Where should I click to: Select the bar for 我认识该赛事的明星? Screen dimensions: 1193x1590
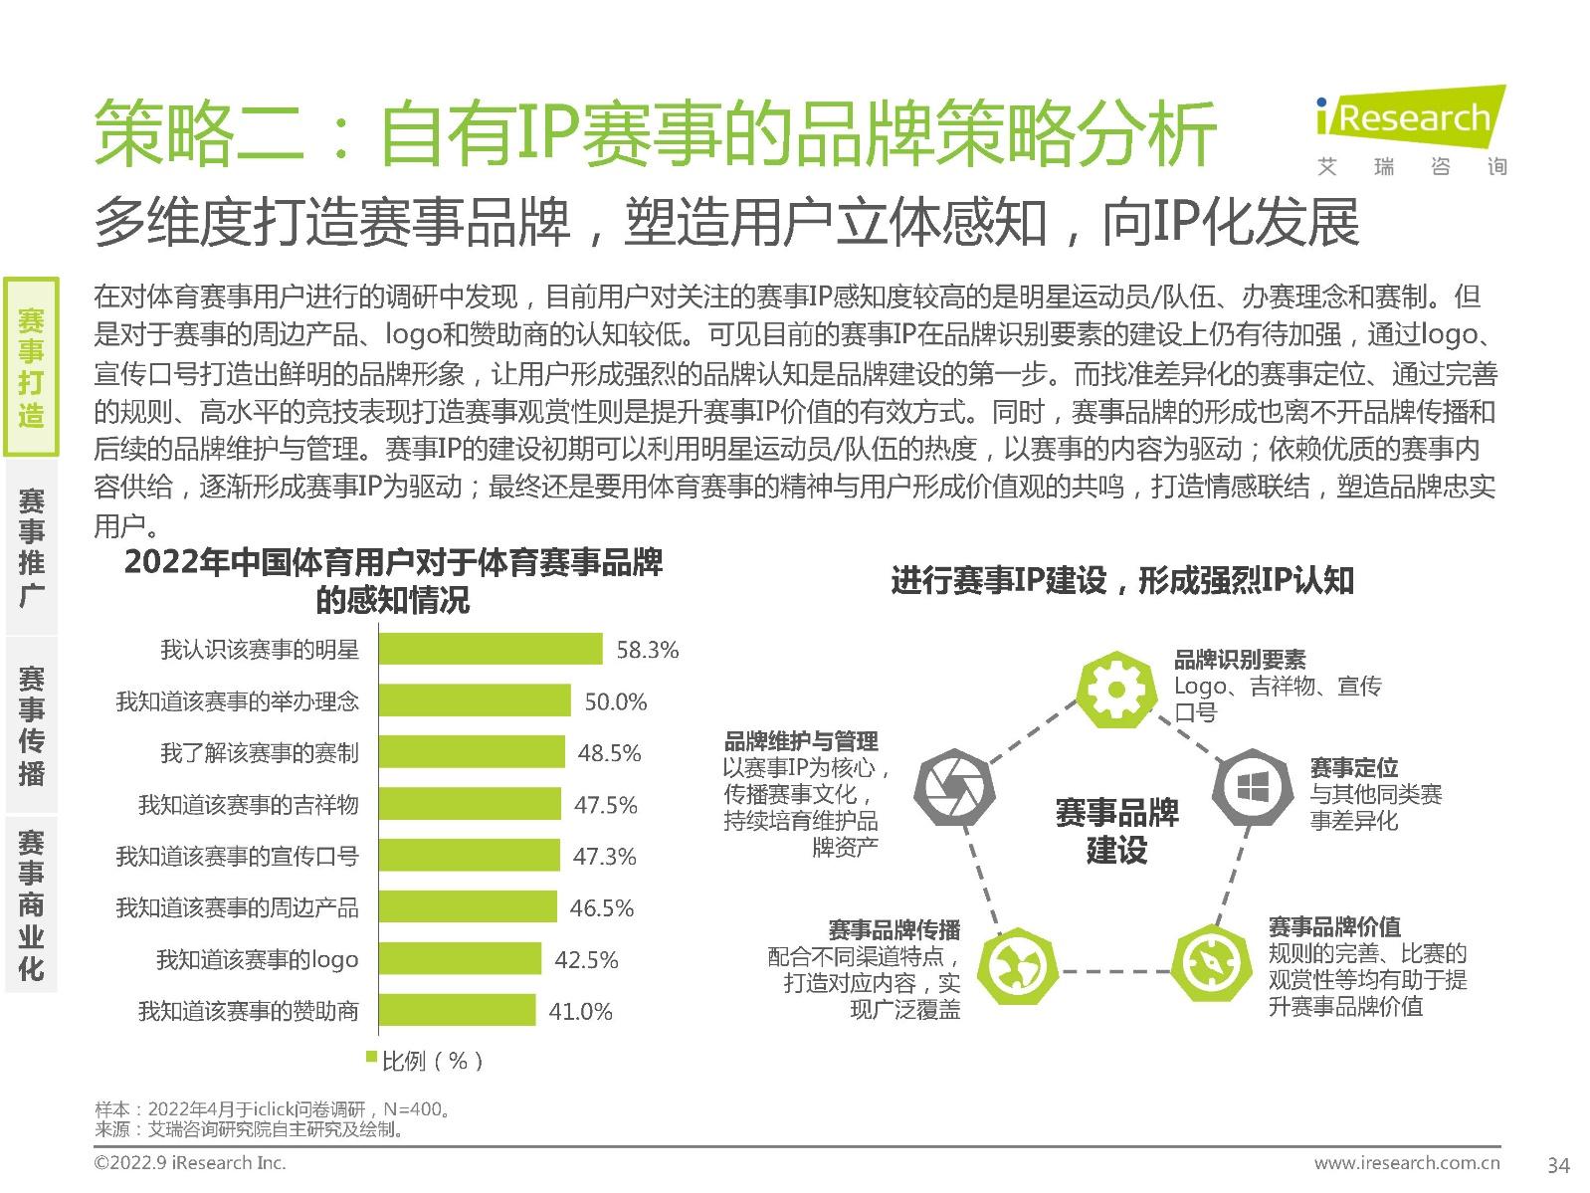coord(491,650)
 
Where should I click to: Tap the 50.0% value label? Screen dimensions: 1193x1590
coord(615,701)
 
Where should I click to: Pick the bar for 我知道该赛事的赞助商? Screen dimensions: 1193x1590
coord(457,1011)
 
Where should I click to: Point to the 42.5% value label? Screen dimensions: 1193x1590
coord(586,960)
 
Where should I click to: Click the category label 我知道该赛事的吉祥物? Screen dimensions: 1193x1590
coord(248,805)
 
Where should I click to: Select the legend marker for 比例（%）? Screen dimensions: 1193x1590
coord(372,1057)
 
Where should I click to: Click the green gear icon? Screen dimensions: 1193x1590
coord(1115,689)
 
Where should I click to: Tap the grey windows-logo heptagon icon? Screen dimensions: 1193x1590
coord(1251,787)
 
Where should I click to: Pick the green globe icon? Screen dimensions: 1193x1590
coord(1015,966)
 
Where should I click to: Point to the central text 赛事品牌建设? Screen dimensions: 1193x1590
coord(1116,831)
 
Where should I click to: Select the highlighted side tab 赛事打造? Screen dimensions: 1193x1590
coord(31,367)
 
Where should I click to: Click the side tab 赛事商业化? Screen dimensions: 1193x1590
coord(31,904)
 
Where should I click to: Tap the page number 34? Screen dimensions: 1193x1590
coord(1558,1164)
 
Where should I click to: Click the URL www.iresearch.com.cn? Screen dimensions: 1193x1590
coord(1406,1162)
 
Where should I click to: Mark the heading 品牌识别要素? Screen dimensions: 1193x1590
coord(1239,659)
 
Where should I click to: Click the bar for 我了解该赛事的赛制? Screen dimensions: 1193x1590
coord(472,753)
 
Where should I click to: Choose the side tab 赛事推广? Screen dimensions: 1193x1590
coord(31,546)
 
